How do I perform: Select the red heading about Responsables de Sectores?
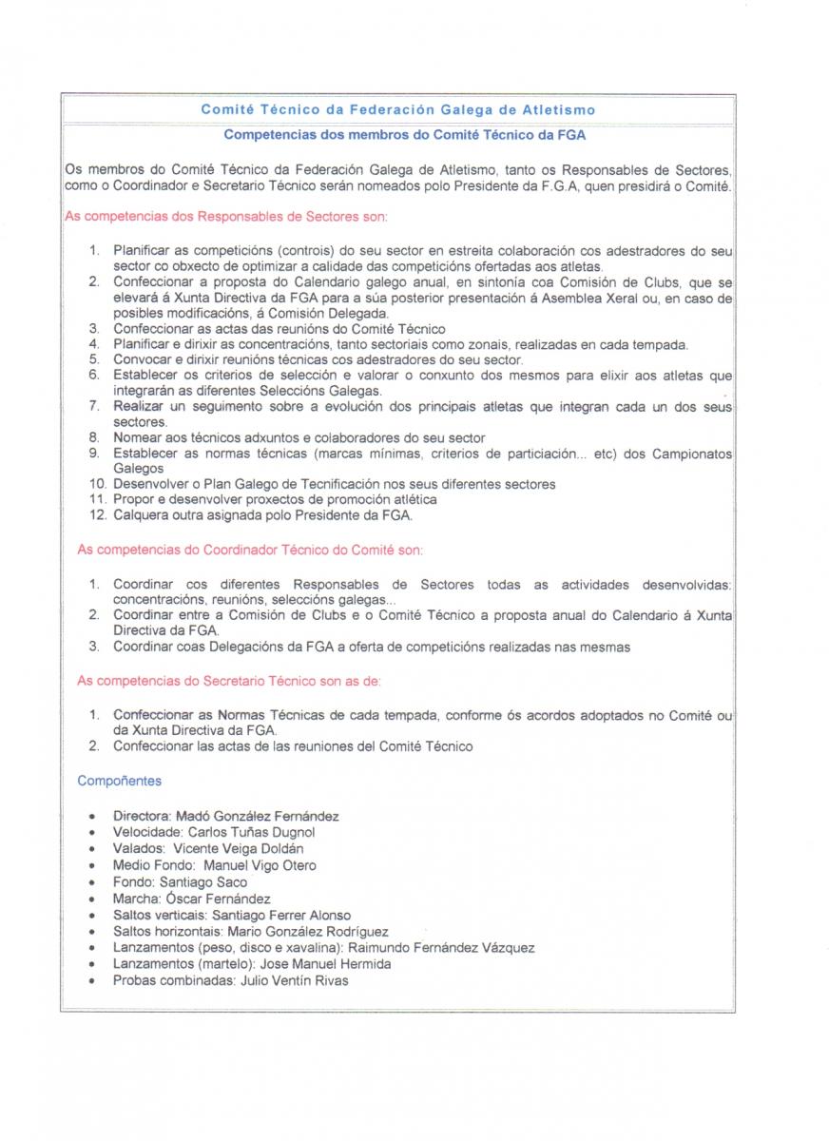(x=225, y=217)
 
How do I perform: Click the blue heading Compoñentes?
(x=119, y=781)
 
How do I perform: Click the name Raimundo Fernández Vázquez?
(x=441, y=948)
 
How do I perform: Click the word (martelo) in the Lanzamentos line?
(x=223, y=964)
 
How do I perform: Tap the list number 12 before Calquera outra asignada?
(x=97, y=516)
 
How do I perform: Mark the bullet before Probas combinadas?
(x=90, y=981)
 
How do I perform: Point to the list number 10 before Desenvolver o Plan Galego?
(x=97, y=484)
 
